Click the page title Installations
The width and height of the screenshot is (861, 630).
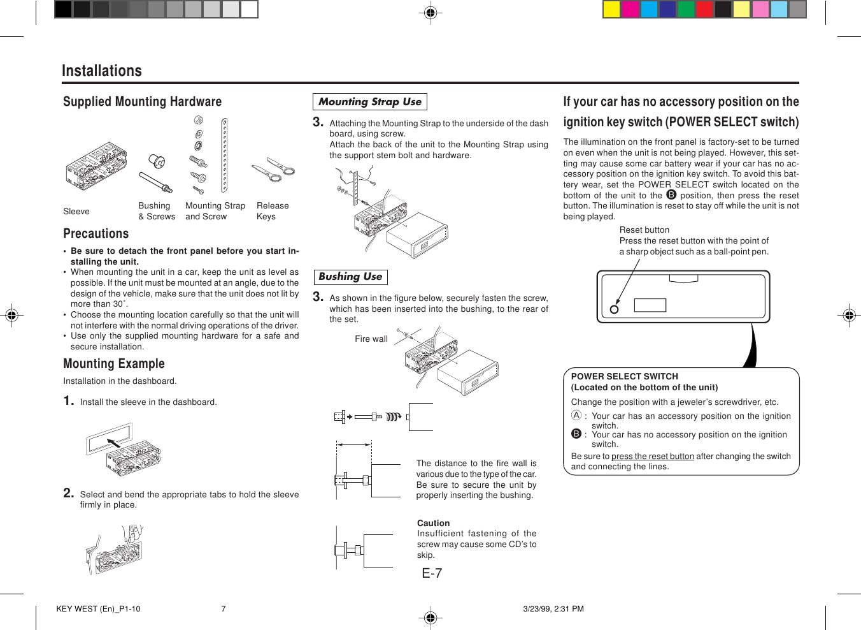tap(101, 71)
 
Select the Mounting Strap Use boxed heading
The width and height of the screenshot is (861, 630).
tap(369, 102)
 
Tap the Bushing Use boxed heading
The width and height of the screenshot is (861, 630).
tap(350, 277)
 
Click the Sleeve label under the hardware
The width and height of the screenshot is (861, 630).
tap(76, 212)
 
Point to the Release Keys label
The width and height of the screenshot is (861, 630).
tap(273, 211)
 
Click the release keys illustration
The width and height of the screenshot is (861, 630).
tap(273, 170)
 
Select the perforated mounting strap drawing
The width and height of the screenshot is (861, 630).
tap(224, 155)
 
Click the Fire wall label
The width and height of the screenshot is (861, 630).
tap(371, 339)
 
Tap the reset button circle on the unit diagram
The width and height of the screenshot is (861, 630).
tap(615, 309)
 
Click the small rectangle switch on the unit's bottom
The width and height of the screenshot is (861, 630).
tap(650, 305)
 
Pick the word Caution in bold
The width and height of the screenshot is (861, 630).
tap(433, 523)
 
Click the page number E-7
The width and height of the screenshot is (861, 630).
tap(432, 573)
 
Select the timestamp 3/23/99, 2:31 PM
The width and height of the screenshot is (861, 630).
tap(553, 609)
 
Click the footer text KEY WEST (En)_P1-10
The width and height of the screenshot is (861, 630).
tap(98, 609)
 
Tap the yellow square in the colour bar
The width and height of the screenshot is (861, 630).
tap(611, 9)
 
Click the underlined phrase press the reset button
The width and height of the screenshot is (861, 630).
tap(652, 457)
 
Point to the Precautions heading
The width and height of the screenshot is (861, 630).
tap(96, 234)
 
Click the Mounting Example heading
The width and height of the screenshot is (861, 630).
tap(113, 363)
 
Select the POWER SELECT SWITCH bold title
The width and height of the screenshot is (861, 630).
tap(624, 377)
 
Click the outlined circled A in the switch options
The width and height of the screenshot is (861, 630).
tap(576, 415)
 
